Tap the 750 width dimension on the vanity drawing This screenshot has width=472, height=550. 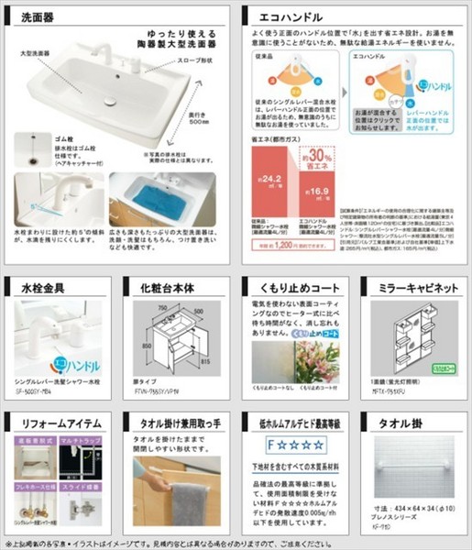point(163,310)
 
